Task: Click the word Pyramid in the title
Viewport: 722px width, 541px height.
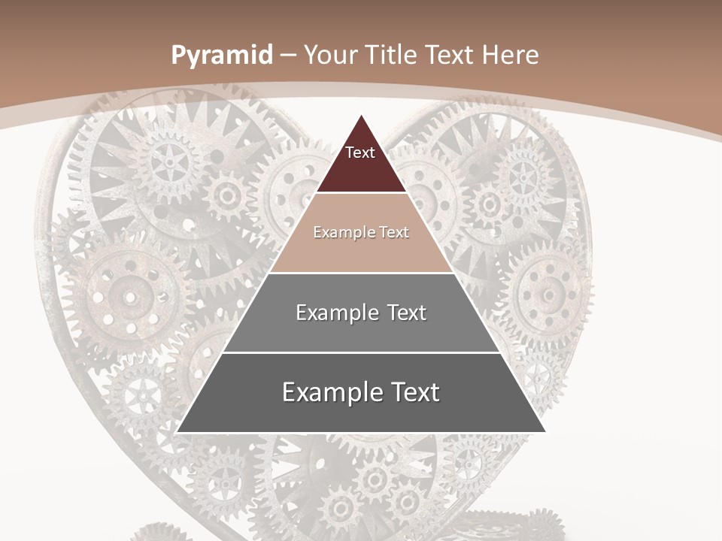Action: [x=221, y=56]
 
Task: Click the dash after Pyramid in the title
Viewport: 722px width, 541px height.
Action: [x=289, y=56]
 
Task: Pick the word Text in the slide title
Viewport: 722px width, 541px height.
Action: [x=451, y=56]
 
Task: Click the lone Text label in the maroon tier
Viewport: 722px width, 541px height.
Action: [x=360, y=153]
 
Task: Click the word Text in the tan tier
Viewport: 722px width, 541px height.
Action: [x=394, y=232]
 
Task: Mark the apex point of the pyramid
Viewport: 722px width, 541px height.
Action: [x=361, y=115]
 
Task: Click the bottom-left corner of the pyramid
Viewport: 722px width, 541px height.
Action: [x=177, y=432]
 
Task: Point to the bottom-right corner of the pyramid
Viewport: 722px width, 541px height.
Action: [x=545, y=432]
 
